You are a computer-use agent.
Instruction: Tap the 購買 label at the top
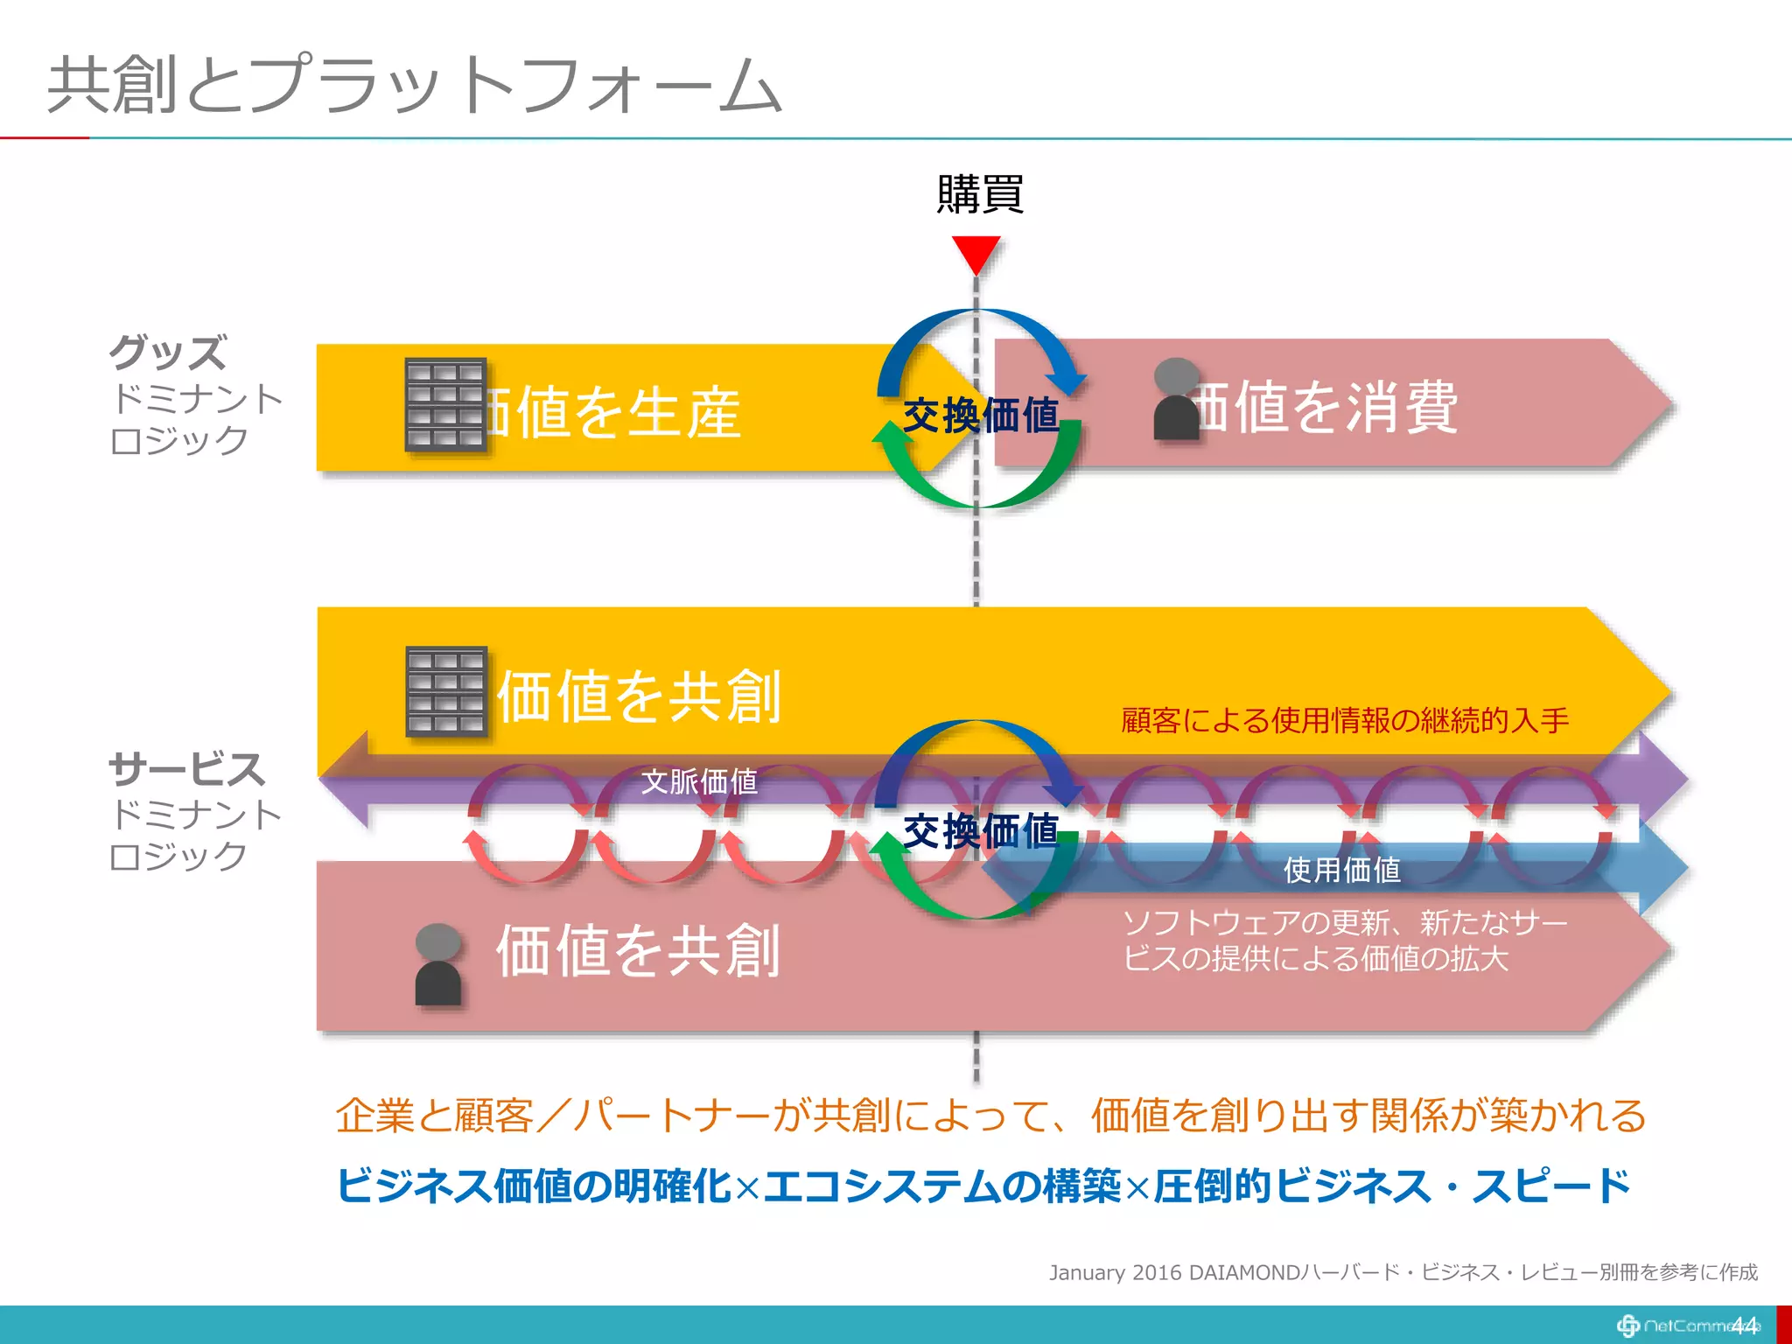(979, 194)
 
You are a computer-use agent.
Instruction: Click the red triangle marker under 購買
(976, 254)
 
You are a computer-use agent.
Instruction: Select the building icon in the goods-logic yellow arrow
(445, 404)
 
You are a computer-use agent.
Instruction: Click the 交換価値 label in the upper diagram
(980, 415)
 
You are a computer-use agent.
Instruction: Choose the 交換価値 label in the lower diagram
(980, 830)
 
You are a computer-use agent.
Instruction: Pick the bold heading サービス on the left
(186, 769)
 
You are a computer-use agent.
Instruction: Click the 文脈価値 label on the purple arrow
(699, 781)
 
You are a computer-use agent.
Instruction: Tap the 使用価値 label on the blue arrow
(1341, 870)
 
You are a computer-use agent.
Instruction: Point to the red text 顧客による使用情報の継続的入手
(1345, 720)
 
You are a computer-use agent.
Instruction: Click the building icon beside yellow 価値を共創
(446, 691)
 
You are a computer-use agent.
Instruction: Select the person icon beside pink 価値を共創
(437, 964)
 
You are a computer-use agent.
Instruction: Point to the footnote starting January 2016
(1403, 1272)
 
